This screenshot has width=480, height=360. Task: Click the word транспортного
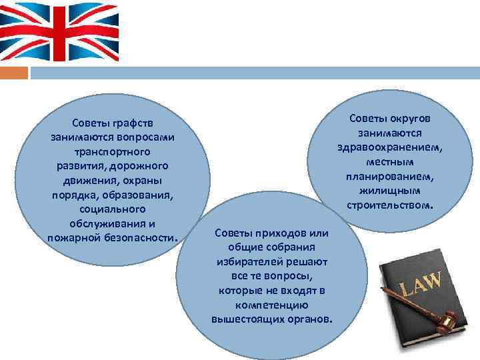point(112,152)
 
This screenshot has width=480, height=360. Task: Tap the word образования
point(143,195)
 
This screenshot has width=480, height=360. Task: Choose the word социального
point(112,209)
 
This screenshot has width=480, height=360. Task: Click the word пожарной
point(73,238)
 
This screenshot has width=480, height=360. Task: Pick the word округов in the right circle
point(409,118)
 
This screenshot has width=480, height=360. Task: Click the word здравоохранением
point(390,147)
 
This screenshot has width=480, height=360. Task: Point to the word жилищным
point(390,191)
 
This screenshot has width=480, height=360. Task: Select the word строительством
point(390,205)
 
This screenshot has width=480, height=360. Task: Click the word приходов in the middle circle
point(276,232)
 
